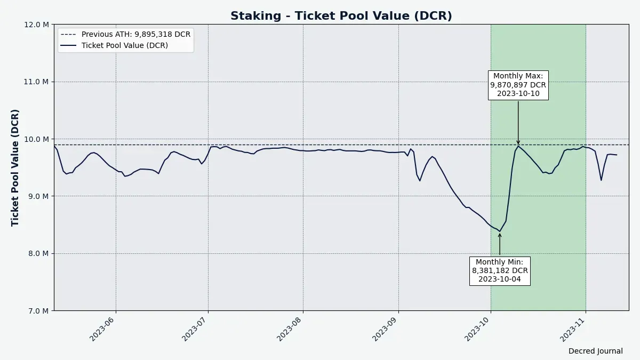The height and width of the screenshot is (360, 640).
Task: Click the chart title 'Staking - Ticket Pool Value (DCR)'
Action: click(x=341, y=16)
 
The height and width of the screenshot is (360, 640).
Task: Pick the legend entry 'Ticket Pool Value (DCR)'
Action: click(x=124, y=45)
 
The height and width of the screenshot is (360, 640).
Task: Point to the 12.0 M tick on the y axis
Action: click(x=38, y=25)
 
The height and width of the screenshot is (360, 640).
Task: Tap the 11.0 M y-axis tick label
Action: click(x=38, y=82)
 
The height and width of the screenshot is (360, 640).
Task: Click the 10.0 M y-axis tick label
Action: click(x=38, y=139)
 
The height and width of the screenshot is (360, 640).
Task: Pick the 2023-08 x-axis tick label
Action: click(x=290, y=329)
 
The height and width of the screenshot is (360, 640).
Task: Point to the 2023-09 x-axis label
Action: click(x=385, y=329)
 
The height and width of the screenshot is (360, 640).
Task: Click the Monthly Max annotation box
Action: click(x=518, y=85)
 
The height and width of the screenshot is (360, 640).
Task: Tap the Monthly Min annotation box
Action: click(x=500, y=270)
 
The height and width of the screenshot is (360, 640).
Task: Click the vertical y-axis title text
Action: click(x=15, y=167)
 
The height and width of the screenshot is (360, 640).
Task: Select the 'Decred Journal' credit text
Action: click(x=595, y=351)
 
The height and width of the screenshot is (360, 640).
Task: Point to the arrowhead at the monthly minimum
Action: click(x=500, y=235)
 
